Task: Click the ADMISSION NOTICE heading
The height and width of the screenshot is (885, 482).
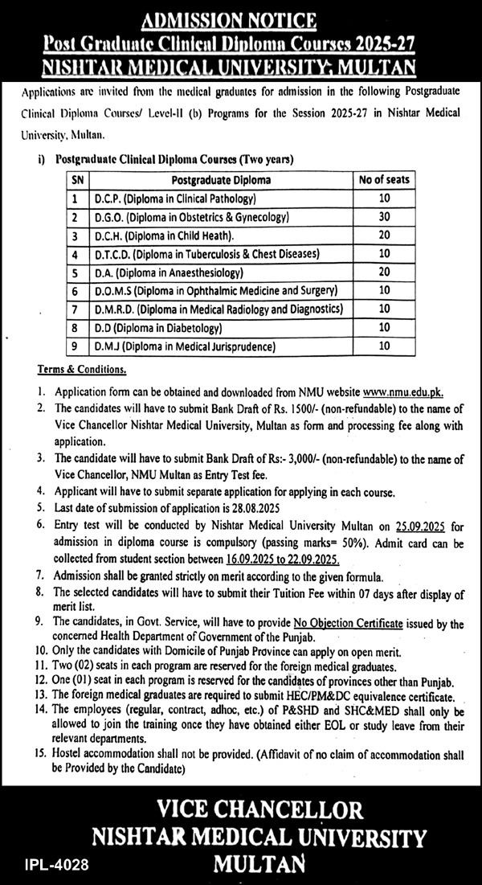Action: click(241, 18)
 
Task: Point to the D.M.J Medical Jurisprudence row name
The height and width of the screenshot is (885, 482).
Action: click(184, 347)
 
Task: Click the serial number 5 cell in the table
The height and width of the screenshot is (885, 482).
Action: click(74, 273)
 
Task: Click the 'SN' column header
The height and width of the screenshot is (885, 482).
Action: click(74, 180)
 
